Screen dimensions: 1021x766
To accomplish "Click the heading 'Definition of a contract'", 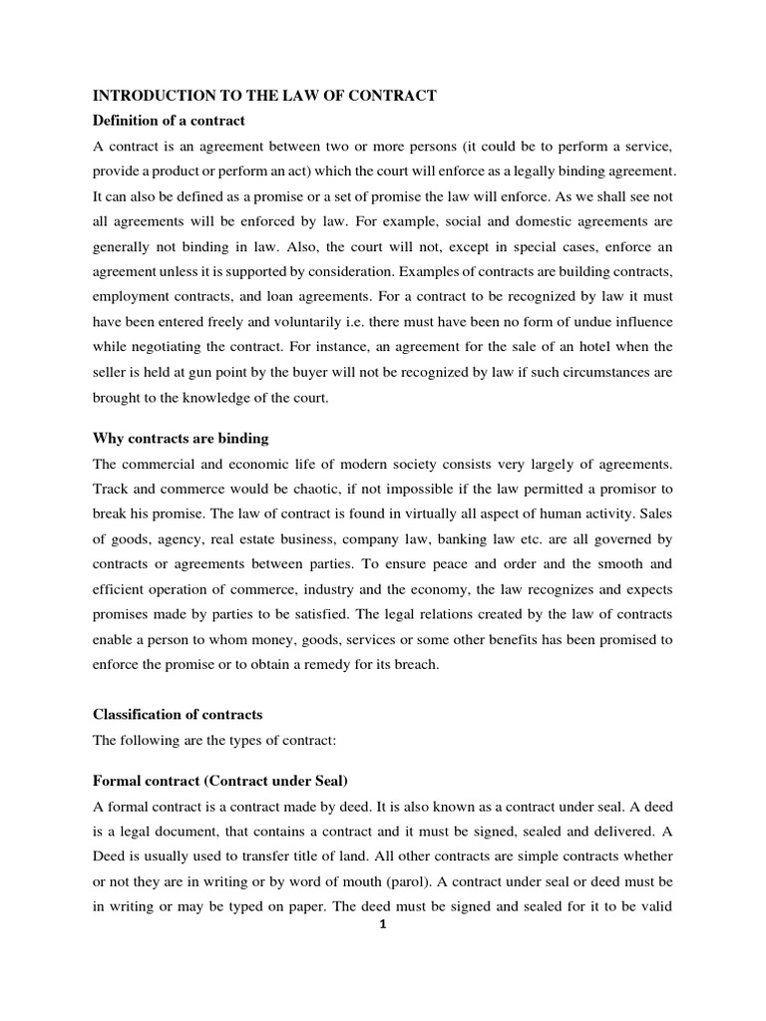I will tap(169, 121).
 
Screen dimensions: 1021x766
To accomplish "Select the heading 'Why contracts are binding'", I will tap(181, 438).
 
